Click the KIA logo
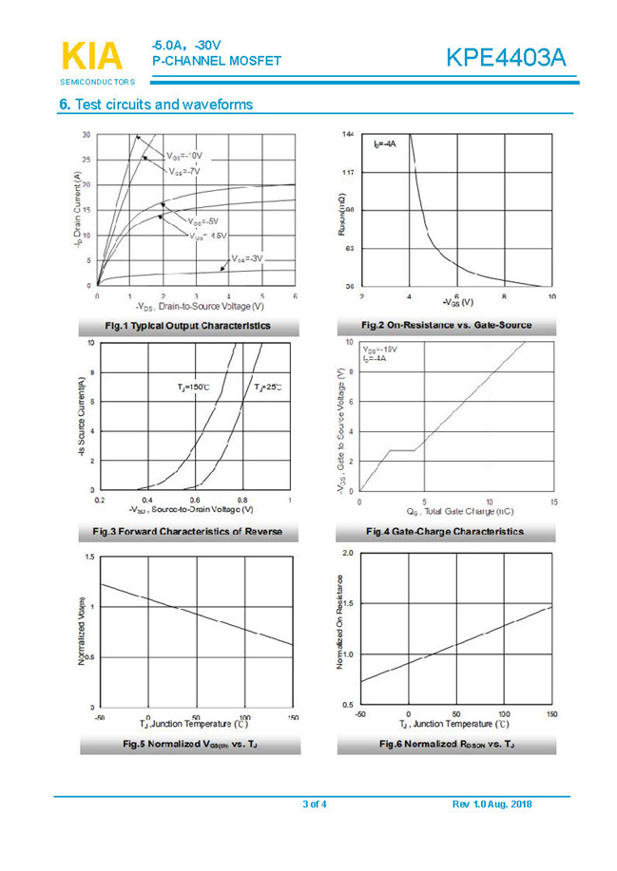91,56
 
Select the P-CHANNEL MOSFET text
216,62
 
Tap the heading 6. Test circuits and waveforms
156,104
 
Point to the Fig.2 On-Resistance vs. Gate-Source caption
449,326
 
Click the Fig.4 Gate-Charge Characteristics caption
444,531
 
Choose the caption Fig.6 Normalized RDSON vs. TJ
446,743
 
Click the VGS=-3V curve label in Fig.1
246,258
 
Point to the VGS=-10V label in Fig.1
184,155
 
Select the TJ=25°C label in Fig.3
268,388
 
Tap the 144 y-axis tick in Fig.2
348,136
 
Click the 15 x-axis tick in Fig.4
553,502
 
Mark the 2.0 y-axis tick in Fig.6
347,553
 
